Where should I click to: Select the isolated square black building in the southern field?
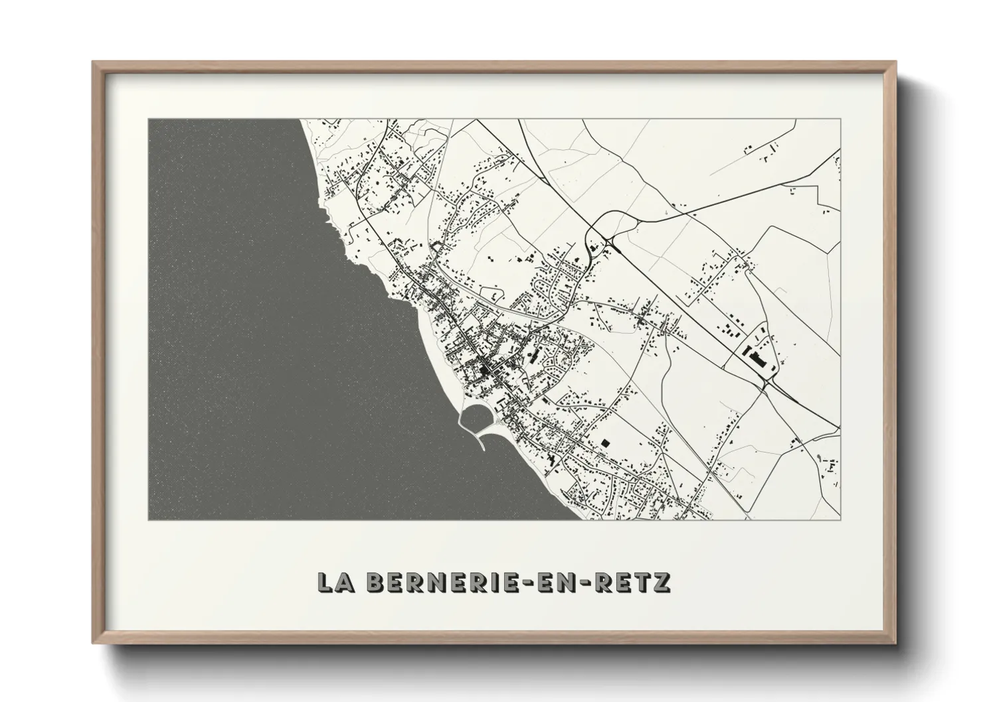coord(604,442)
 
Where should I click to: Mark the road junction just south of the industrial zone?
coord(768,384)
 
